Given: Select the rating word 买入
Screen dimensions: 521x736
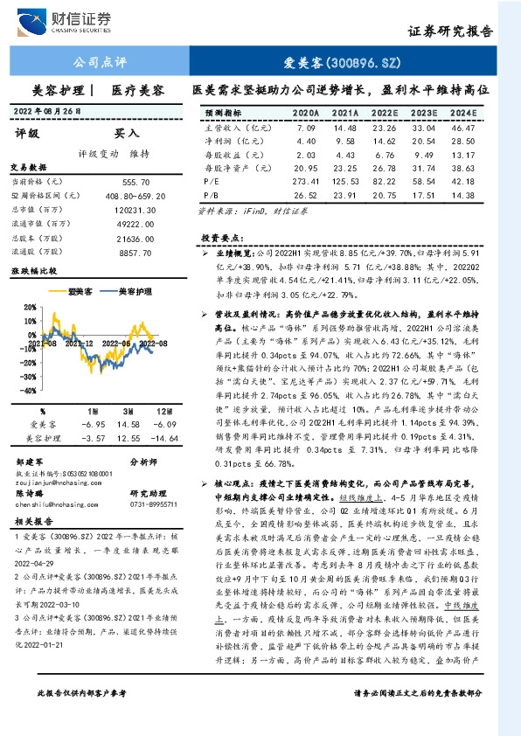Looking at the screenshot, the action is pyautogui.click(x=127, y=134).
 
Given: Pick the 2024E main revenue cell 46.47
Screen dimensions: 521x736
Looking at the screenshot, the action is pyautogui.click(x=462, y=128).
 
